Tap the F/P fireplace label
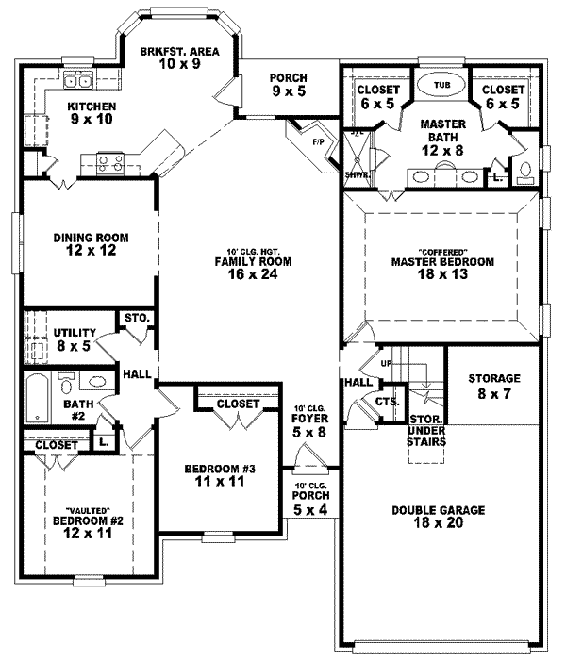(x=318, y=141)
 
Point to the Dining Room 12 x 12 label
(x=91, y=243)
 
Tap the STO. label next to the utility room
(x=136, y=321)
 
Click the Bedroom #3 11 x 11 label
(x=218, y=475)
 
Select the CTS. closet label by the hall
(x=386, y=403)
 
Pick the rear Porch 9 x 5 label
(x=287, y=86)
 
